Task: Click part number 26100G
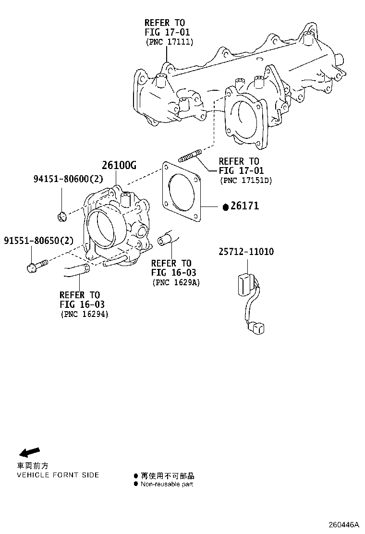point(119,166)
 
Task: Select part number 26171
point(244,206)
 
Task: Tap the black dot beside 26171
point(225,207)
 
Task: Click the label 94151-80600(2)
point(68,179)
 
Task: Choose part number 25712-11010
point(248,252)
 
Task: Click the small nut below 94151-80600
point(62,218)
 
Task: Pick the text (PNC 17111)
point(169,42)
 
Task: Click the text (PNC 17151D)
point(245,181)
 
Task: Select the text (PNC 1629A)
point(176,282)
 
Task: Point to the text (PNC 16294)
point(85,315)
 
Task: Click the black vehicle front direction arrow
point(29,451)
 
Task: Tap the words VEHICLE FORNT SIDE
point(58,475)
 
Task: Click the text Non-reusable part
point(167,484)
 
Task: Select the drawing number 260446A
point(343,524)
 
